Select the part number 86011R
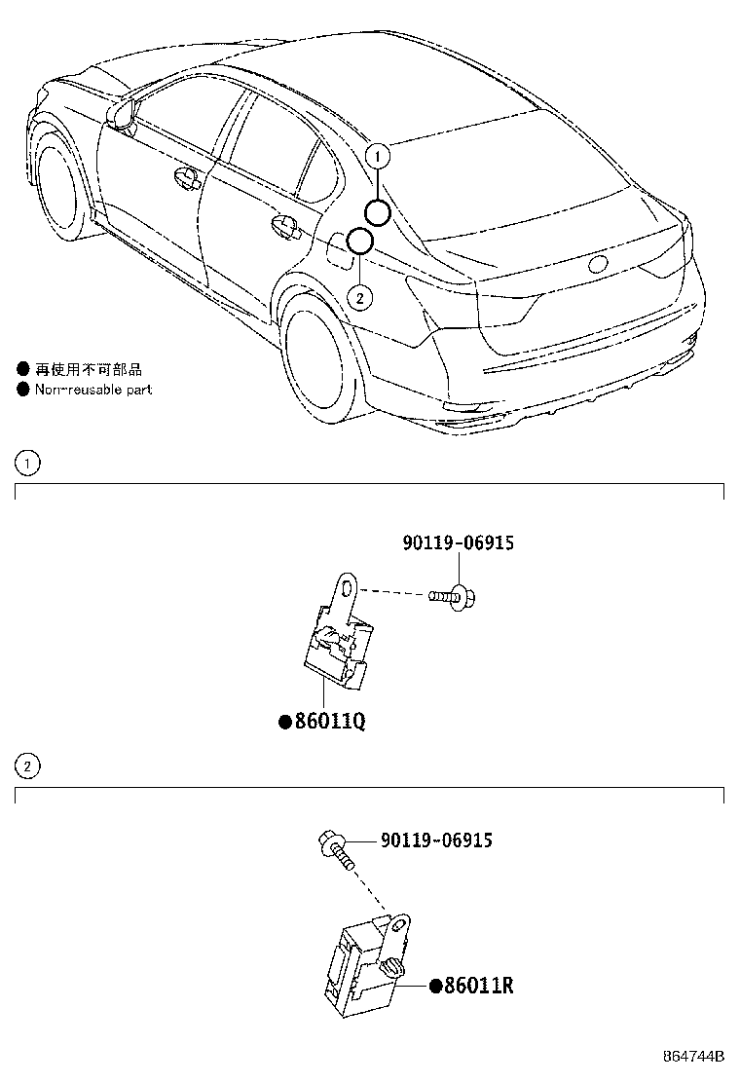pos(478,985)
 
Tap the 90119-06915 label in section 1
pos(459,542)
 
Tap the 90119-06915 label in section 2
pos(436,840)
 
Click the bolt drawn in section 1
pos(452,596)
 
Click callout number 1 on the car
pos(378,157)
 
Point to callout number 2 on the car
pos(359,298)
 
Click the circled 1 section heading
pos(27,463)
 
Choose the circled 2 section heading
pos(27,766)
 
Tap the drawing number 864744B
pos(693,1056)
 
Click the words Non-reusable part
pos(93,390)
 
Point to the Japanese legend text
pos(89,369)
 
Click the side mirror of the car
pos(122,112)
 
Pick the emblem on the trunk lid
pos(598,263)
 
